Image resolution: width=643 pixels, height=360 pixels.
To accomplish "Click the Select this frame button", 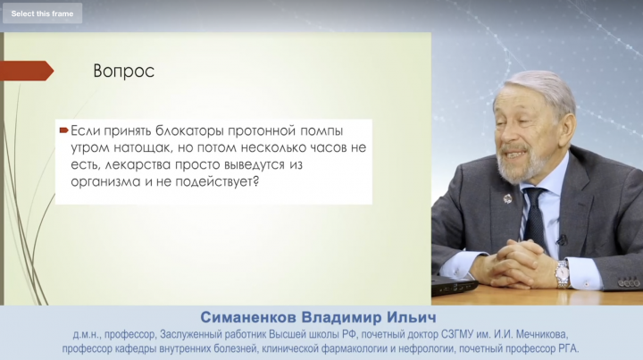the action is [42, 13].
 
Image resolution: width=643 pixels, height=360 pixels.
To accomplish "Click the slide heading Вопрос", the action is [123, 71].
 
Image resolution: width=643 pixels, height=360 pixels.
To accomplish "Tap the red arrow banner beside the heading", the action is [27, 71].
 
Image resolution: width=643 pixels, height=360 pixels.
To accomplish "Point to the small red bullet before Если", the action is [63, 130].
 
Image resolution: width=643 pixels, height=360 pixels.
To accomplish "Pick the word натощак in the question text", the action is [139, 147].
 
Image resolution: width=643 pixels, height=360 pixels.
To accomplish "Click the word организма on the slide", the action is [105, 181].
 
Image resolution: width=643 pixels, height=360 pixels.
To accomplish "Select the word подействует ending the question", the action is [217, 181].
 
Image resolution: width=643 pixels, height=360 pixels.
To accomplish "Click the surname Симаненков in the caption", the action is [248, 317].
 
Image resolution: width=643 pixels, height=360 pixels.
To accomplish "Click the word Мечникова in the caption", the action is [541, 335].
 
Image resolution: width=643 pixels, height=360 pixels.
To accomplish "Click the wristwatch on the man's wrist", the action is [563, 273].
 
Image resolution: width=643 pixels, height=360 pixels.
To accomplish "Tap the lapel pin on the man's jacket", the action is [507, 199].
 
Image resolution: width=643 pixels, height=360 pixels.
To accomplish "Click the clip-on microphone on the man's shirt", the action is [561, 239].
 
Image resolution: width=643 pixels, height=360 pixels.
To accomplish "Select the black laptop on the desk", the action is [455, 285].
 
